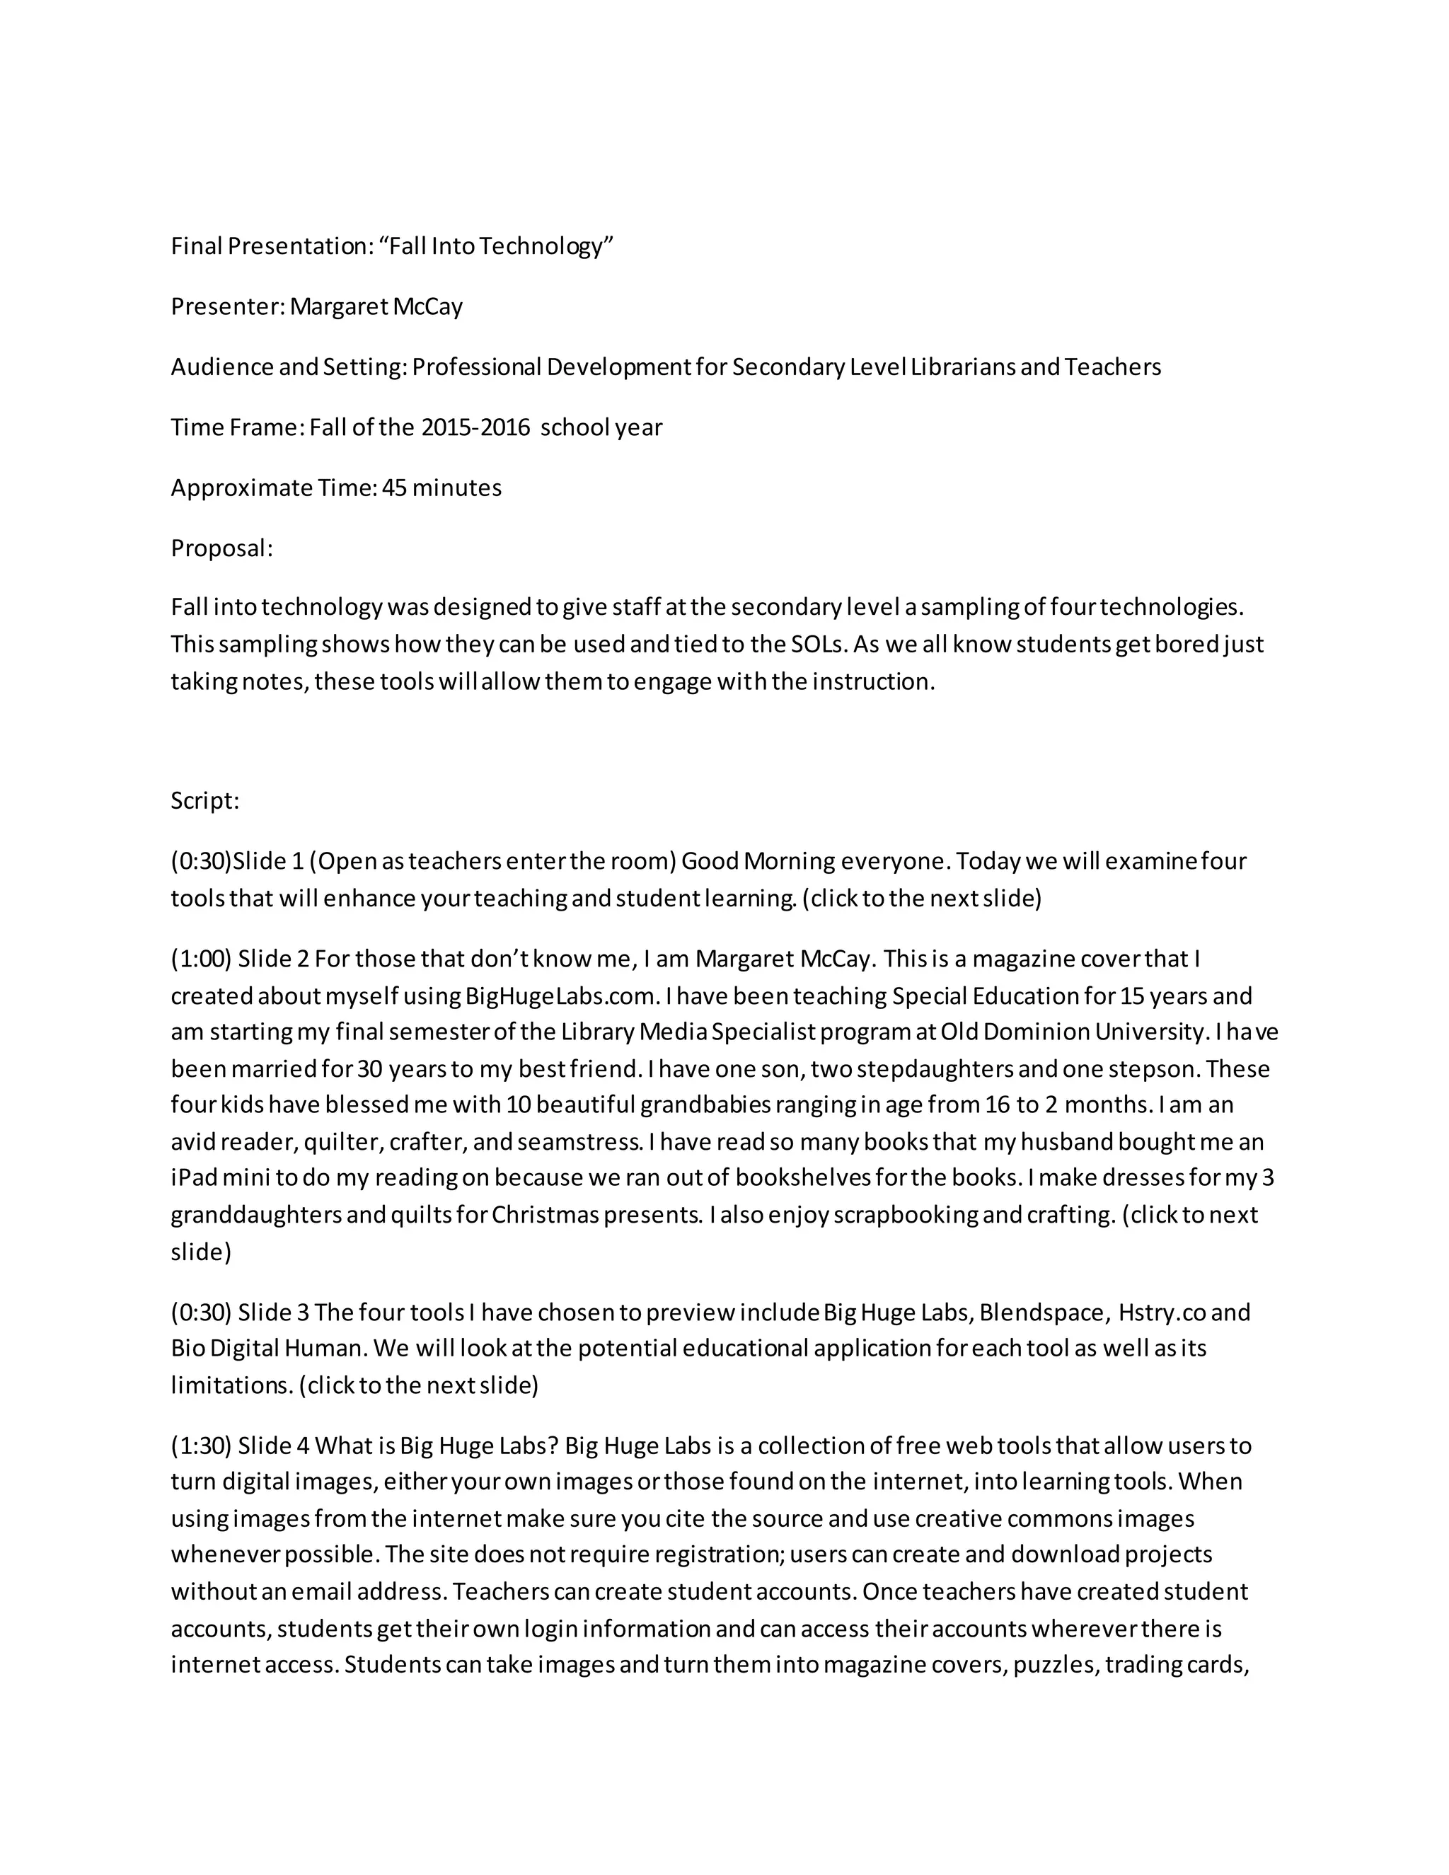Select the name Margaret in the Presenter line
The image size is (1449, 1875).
click(x=338, y=306)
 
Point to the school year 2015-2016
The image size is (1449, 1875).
click(x=475, y=427)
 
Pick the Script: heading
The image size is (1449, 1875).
click(x=205, y=800)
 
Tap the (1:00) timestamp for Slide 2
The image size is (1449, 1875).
click(x=202, y=958)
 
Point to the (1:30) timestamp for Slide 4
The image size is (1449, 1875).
click(x=202, y=1446)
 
